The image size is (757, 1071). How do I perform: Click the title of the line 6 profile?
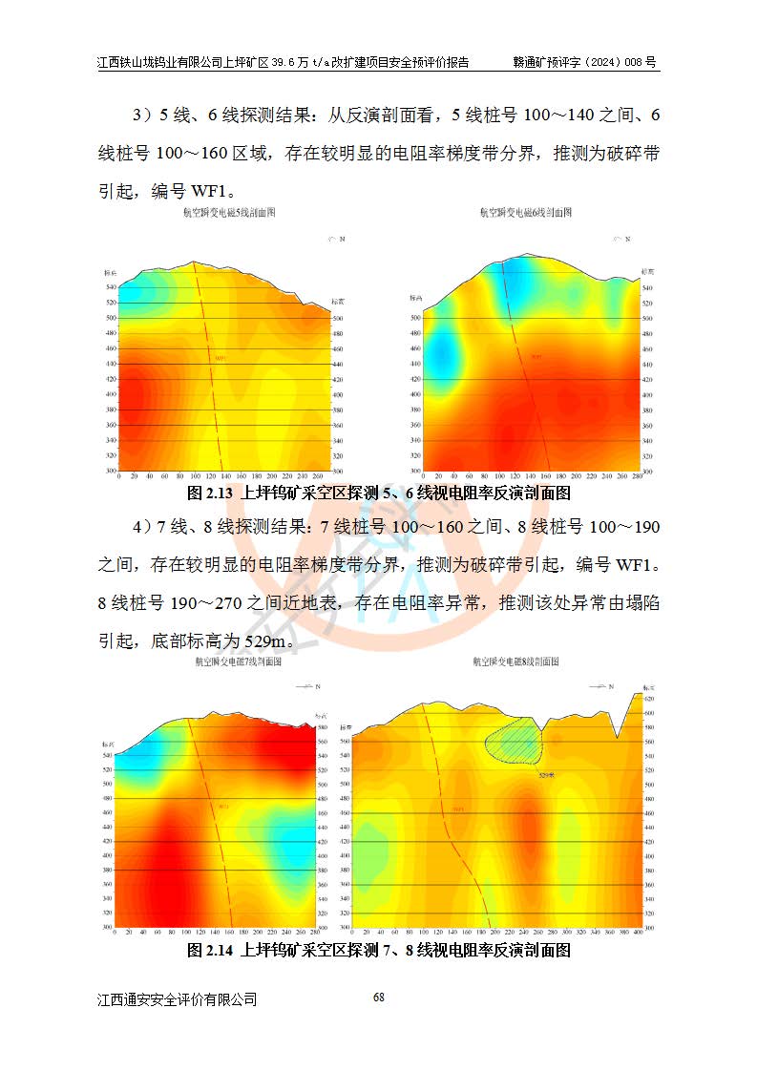(525, 215)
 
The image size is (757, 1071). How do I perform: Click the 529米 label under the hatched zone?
(547, 775)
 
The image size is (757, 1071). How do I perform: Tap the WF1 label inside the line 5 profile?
(221, 359)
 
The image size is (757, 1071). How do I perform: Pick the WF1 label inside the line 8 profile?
(458, 810)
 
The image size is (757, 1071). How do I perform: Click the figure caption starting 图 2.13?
(379, 493)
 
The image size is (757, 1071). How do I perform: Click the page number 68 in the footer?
(379, 997)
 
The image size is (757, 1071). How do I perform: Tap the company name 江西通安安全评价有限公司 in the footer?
(178, 999)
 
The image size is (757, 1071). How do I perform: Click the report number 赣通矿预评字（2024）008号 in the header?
(585, 63)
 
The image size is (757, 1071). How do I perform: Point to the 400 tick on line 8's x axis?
(637, 933)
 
